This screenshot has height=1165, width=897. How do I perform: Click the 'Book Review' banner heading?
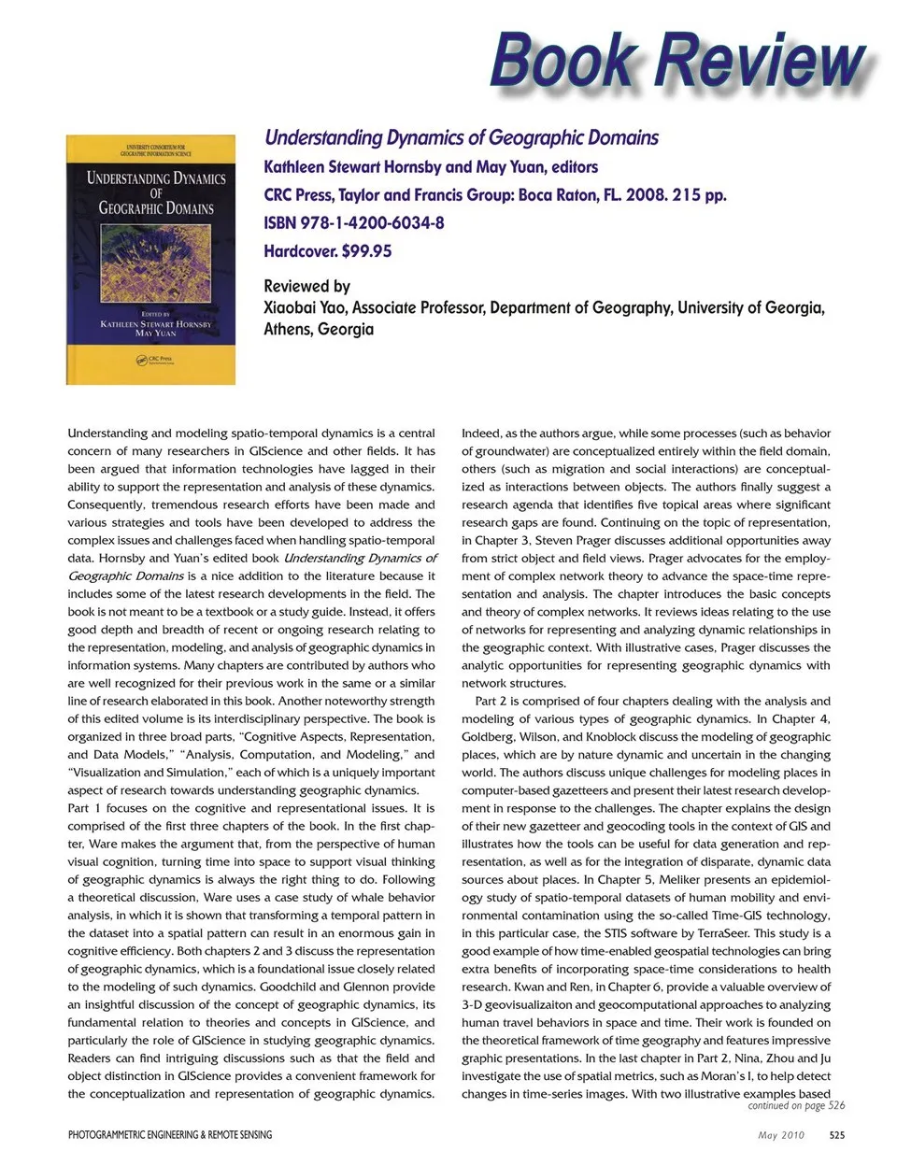click(679, 61)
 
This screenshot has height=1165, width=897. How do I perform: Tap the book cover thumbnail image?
click(150, 260)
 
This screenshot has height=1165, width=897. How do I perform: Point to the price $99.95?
click(367, 251)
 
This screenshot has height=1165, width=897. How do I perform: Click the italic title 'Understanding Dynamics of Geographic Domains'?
click(462, 138)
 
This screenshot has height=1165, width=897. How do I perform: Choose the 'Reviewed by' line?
click(306, 287)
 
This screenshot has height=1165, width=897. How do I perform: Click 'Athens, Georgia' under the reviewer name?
click(319, 329)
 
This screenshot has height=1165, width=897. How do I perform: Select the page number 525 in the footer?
click(837, 1135)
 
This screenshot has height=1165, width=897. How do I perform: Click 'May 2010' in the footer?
click(780, 1135)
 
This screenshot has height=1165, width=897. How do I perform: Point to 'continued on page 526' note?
click(796, 1106)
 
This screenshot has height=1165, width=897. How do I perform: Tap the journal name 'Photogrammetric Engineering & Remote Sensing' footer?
click(170, 1135)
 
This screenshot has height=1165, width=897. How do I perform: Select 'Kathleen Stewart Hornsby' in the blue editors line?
click(352, 167)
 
